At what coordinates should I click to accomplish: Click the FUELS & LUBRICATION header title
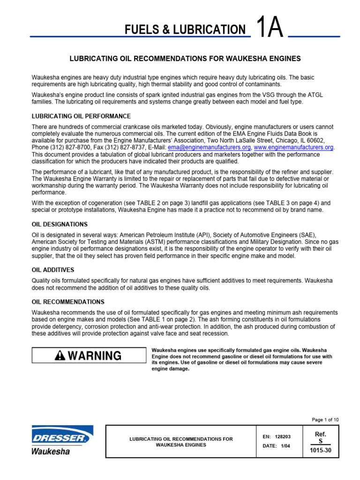[x=185, y=30]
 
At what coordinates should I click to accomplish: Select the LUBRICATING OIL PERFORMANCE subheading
[x=81, y=116]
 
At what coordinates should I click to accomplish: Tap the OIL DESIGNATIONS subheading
[x=60, y=224]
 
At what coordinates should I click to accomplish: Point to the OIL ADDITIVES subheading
[x=53, y=270]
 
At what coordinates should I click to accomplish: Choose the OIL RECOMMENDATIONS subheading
[x=68, y=302]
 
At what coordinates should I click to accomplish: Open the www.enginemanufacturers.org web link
[x=293, y=147]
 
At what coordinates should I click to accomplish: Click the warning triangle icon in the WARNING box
[x=60, y=356]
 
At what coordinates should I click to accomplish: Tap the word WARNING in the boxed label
[x=94, y=356]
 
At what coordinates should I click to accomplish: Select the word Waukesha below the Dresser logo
[x=51, y=451]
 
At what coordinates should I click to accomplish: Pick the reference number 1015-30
[x=321, y=450]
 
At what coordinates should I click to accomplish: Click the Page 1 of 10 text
[x=325, y=420]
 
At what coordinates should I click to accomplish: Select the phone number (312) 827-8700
[x=66, y=147]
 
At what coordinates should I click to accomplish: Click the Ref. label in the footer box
[x=321, y=434]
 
